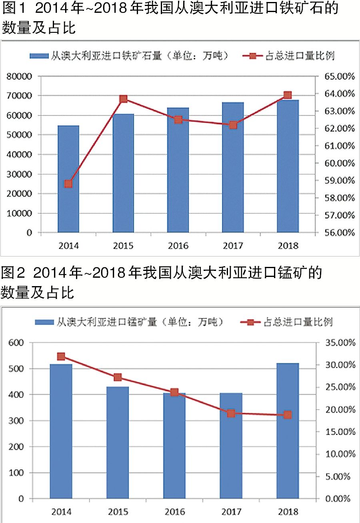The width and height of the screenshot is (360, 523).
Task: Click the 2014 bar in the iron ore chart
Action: (x=68, y=179)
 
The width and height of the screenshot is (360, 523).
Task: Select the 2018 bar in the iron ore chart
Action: (x=288, y=166)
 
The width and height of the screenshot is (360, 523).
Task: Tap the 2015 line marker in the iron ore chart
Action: (x=123, y=99)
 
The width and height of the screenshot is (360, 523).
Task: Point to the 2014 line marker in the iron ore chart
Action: (x=68, y=184)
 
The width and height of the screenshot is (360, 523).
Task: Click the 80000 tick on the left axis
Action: (x=18, y=76)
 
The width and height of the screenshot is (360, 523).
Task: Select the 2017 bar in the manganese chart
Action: (x=231, y=446)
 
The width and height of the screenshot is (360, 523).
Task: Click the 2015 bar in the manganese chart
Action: (x=118, y=443)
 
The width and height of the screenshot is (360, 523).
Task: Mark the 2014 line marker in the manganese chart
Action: (x=61, y=357)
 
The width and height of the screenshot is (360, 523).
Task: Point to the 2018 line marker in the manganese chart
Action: (x=288, y=415)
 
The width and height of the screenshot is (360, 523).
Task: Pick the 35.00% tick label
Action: (x=340, y=343)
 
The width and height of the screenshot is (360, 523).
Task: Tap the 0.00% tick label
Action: (x=340, y=499)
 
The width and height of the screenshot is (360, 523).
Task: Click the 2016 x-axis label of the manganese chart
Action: (x=174, y=512)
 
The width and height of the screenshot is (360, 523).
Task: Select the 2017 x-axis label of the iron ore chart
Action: (x=233, y=245)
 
